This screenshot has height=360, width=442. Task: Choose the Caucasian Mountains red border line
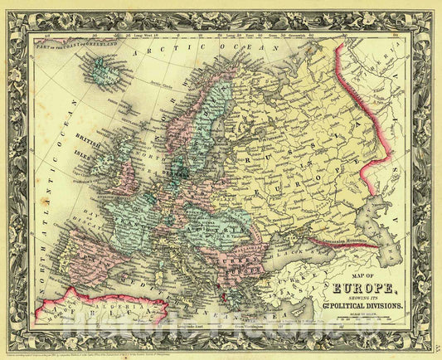pos(344,244)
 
